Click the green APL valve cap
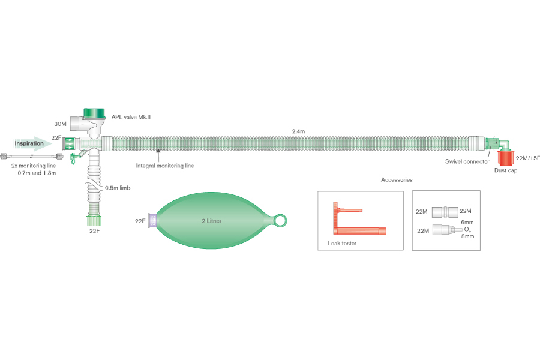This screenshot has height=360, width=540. click(x=94, y=113)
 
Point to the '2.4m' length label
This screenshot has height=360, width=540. click(x=298, y=131)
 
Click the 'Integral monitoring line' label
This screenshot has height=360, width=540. click(x=165, y=165)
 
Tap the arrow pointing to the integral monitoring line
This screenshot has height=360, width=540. click(x=158, y=157)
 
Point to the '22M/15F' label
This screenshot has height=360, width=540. click(x=527, y=158)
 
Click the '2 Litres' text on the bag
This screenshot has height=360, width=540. click(x=211, y=221)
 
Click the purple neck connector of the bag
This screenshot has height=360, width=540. click(x=153, y=221)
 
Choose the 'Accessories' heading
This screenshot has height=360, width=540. click(x=397, y=179)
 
